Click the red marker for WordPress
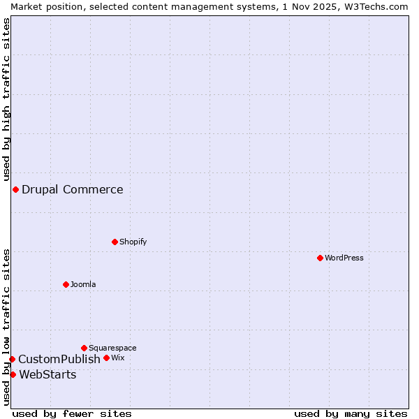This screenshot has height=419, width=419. point(320,258)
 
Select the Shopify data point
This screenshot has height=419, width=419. point(115,242)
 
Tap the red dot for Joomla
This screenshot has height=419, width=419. point(66,284)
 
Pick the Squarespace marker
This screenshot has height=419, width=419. point(84,348)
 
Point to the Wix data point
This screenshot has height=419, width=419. point(107,358)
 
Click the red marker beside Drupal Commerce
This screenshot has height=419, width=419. point(15,189)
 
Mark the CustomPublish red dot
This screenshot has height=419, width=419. point(12,359)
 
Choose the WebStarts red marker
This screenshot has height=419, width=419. point(13,374)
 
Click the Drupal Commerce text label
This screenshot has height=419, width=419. point(73,189)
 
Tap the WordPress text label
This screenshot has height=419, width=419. point(344,258)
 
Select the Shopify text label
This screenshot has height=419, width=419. point(133,242)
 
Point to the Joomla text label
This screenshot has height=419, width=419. point(83,284)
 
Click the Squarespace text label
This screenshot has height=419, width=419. point(112,348)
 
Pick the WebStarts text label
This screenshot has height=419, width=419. point(47,374)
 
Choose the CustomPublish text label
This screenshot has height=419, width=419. point(59,359)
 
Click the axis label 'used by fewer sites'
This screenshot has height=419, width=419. point(72,413)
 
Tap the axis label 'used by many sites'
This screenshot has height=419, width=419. point(351,413)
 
